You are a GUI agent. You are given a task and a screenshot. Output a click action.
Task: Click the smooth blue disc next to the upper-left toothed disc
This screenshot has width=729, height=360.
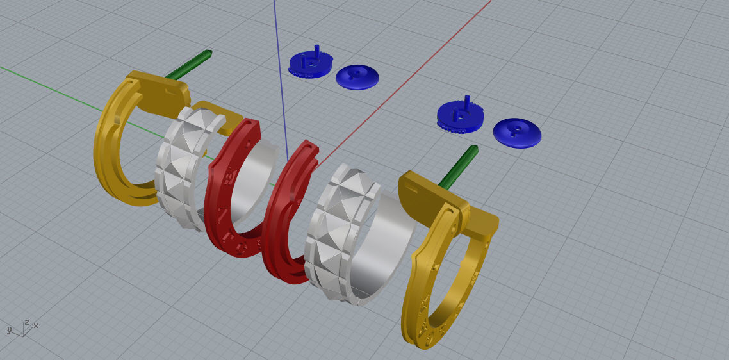tap(357, 77)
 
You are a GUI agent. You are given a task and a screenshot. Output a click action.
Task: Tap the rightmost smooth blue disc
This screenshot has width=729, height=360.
tap(517, 133)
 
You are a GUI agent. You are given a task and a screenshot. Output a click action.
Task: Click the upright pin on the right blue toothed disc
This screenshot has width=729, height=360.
tap(467, 102)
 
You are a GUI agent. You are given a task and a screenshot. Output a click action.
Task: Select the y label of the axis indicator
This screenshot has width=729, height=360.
tap(9, 330)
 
